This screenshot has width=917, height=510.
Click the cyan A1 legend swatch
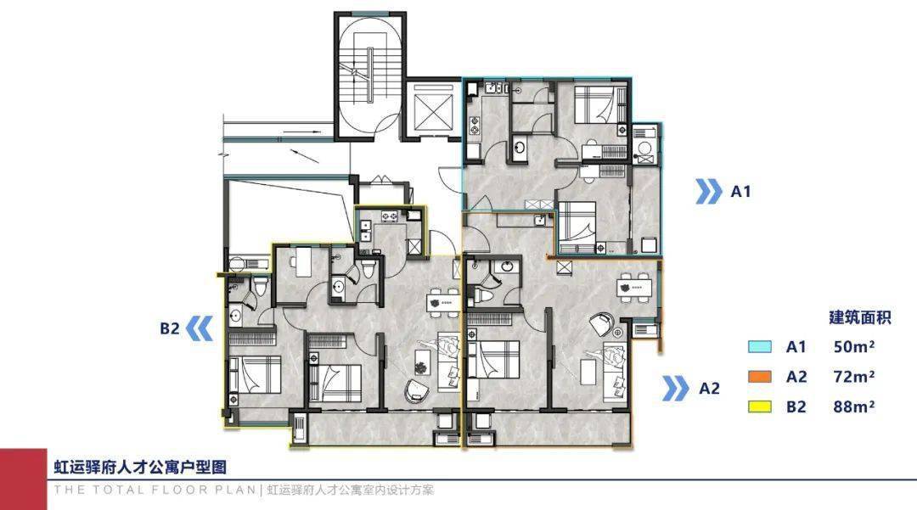(x=760, y=346)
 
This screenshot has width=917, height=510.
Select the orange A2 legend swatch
(x=760, y=377)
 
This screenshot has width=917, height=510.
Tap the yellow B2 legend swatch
(x=760, y=406)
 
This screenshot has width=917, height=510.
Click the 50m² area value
(x=854, y=346)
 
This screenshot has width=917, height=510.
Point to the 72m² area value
(x=854, y=377)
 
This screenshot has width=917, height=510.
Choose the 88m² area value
(x=854, y=406)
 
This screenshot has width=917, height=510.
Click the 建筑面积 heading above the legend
(x=859, y=317)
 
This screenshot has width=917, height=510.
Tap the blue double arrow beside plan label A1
(x=708, y=192)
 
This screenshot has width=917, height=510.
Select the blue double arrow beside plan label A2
(x=676, y=389)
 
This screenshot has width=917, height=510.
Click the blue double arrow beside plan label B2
(x=199, y=328)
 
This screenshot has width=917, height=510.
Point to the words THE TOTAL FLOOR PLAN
(x=155, y=490)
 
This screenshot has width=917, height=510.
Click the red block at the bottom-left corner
(x=24, y=479)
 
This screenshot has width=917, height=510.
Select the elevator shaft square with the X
(x=433, y=109)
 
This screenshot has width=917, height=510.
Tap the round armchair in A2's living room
(x=600, y=324)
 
